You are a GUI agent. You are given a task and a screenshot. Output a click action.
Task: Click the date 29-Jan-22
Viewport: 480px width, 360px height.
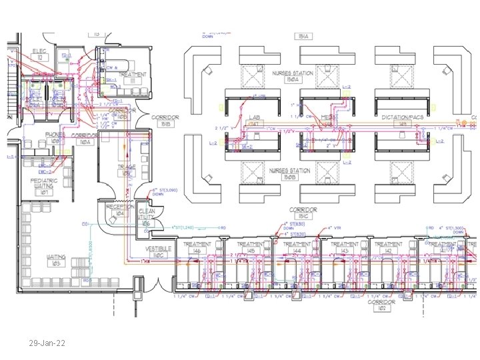[x=47, y=344]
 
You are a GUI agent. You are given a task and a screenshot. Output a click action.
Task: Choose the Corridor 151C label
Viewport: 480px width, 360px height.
[x=303, y=212]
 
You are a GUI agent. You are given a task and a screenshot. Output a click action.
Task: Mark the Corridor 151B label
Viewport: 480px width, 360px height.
[x=165, y=120]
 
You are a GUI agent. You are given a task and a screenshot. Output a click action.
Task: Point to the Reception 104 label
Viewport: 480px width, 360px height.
[x=121, y=210]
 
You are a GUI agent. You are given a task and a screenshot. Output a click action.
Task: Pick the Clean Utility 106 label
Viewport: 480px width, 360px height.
[x=147, y=217]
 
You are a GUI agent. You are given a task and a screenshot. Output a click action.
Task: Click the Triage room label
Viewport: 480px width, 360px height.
[x=127, y=170]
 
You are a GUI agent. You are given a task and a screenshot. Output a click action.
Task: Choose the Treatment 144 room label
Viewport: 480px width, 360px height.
[x=297, y=247]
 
